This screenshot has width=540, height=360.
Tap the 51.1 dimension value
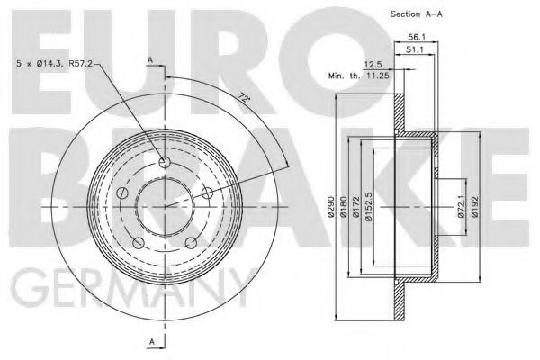[x=415, y=51]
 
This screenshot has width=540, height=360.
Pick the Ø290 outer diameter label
[x=331, y=210]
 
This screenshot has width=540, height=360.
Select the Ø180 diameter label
[x=345, y=210]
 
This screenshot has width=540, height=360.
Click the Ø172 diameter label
[x=357, y=210]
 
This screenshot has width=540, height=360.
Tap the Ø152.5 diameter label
[x=369, y=208]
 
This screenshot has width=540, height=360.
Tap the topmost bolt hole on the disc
[x=164, y=162]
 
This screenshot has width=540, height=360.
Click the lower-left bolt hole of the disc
[x=137, y=244]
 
